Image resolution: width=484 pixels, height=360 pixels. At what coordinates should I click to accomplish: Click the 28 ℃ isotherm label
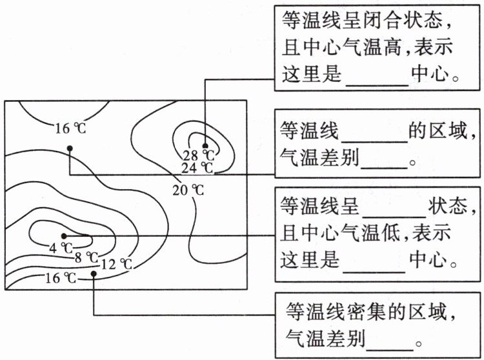(x=199, y=155)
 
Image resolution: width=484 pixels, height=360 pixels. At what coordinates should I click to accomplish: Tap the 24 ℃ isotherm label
(x=197, y=168)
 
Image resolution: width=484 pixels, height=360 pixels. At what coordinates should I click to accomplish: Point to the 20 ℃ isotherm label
(x=188, y=190)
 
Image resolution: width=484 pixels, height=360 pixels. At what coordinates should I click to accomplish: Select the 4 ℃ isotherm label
(x=61, y=248)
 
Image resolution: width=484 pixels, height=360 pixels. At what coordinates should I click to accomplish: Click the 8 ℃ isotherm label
(x=86, y=257)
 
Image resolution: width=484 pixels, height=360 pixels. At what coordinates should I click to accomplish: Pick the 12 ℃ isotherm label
(x=117, y=265)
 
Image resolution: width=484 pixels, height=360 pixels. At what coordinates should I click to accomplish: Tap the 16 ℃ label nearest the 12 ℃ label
(x=61, y=278)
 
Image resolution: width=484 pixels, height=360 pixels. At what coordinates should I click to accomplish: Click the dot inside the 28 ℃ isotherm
(x=205, y=146)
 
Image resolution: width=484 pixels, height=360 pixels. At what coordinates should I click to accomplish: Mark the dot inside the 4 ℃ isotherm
(x=64, y=236)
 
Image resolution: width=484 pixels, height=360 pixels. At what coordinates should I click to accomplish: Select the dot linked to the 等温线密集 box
(x=94, y=274)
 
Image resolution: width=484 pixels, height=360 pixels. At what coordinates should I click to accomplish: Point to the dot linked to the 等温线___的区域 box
(x=70, y=148)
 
